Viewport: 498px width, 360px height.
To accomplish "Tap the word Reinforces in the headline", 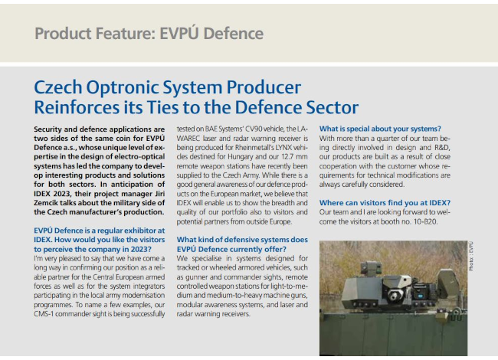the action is (77, 107).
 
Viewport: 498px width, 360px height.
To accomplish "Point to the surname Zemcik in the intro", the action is (45, 203).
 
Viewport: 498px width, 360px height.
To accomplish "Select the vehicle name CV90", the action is (254, 129).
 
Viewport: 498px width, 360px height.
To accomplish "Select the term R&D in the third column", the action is (442, 148).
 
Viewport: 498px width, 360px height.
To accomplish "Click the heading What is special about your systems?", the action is (380, 129).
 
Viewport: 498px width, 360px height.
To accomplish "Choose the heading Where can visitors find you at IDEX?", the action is (385, 203).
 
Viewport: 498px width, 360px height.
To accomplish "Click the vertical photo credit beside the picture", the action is (471, 256).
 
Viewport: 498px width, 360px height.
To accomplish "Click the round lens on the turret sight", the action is (394, 296).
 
